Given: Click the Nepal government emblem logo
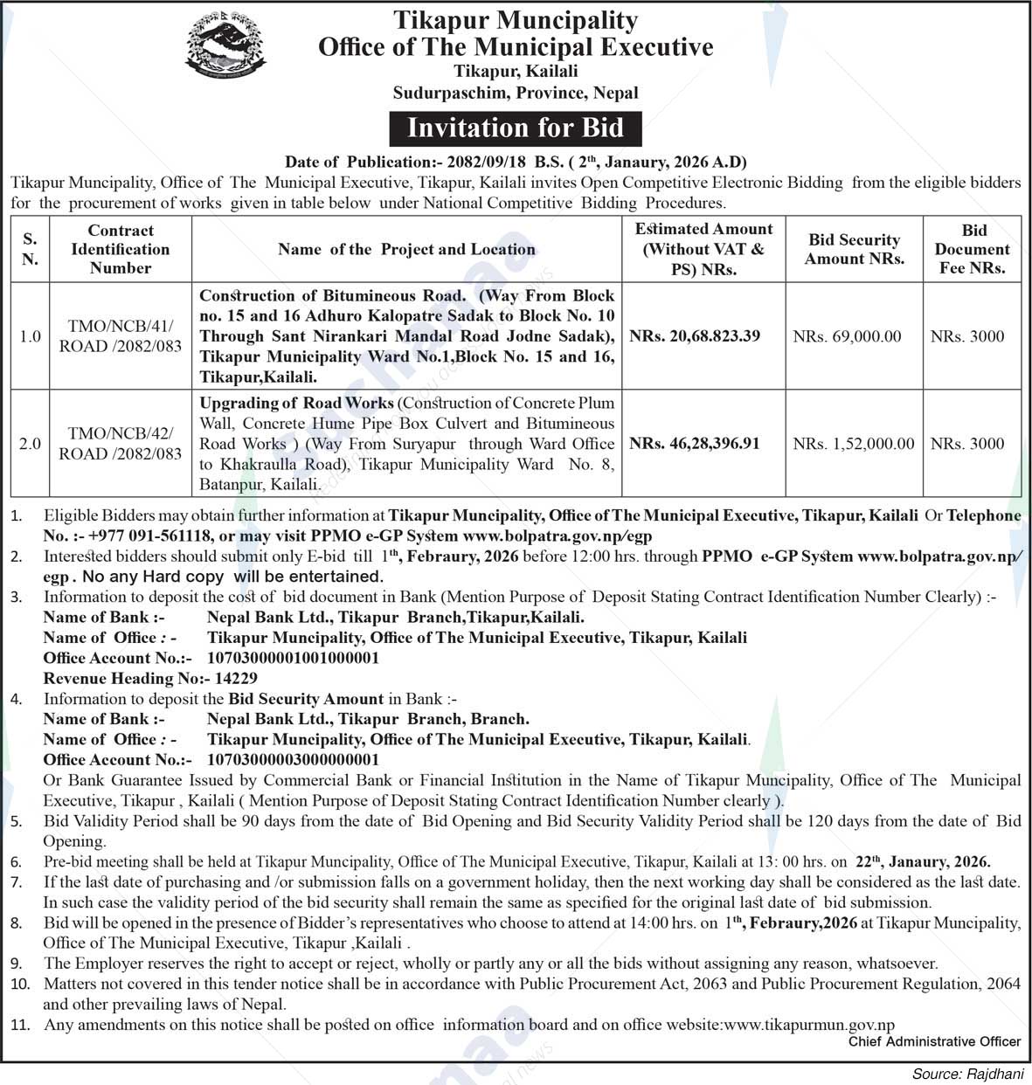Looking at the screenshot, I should click(225, 47).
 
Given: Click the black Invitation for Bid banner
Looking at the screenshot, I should click(516, 128).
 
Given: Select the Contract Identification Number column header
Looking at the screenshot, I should click(121, 249).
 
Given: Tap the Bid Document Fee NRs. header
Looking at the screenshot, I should click(973, 249).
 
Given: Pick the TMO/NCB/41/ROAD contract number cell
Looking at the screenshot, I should click(121, 336).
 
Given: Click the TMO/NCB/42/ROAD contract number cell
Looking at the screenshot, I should click(121, 444).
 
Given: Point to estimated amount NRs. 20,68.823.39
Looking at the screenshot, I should click(695, 336).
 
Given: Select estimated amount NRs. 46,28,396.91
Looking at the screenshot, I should click(695, 444).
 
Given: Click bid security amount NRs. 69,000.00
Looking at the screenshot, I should click(847, 336).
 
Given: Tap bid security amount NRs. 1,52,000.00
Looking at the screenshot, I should click(854, 444).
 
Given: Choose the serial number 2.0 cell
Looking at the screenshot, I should click(31, 444).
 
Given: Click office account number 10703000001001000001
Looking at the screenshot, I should click(293, 658).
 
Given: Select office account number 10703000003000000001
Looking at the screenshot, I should click(293, 760).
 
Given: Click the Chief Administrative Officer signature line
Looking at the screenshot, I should click(934, 1041).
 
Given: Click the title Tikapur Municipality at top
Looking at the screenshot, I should click(516, 19).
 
